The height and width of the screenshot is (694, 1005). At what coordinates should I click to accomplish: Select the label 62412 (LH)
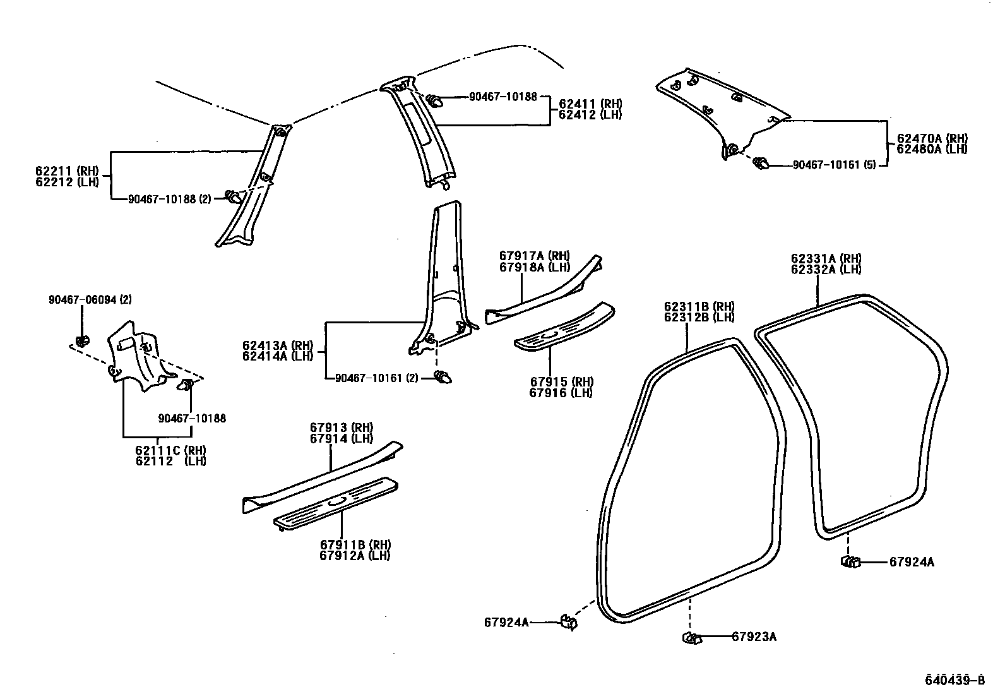(x=590, y=115)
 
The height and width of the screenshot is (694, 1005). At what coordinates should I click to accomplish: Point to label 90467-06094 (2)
(x=90, y=300)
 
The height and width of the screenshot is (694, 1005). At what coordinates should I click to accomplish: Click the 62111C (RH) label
(x=170, y=450)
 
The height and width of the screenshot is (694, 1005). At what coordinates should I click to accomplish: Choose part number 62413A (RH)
(x=278, y=345)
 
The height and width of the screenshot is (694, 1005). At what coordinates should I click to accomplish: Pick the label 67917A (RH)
(x=534, y=256)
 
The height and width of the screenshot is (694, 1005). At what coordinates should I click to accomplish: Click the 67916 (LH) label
(x=561, y=393)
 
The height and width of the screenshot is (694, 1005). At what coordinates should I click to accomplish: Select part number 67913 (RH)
(x=341, y=428)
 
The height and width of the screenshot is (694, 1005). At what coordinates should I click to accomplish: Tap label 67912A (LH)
(x=355, y=556)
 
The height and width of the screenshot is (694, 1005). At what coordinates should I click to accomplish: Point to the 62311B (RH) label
(x=699, y=306)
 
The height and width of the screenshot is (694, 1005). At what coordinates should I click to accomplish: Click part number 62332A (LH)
(x=826, y=269)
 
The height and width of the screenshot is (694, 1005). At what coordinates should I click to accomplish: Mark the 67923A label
(x=754, y=637)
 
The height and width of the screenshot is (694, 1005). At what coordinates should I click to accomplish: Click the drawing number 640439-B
(x=954, y=680)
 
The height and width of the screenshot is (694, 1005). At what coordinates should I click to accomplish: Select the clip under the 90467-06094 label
(x=81, y=342)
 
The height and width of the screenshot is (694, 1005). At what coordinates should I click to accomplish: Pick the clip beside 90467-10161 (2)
(x=444, y=378)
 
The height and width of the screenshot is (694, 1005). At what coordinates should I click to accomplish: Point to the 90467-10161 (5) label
(x=833, y=165)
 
